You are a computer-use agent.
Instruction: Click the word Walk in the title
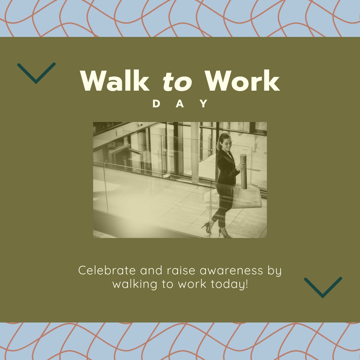(x=115, y=81)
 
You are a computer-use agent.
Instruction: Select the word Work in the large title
(x=242, y=81)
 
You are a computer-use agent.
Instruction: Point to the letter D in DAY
(x=156, y=104)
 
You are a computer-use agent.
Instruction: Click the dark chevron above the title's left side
(x=36, y=72)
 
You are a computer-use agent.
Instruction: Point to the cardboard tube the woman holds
(x=243, y=171)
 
